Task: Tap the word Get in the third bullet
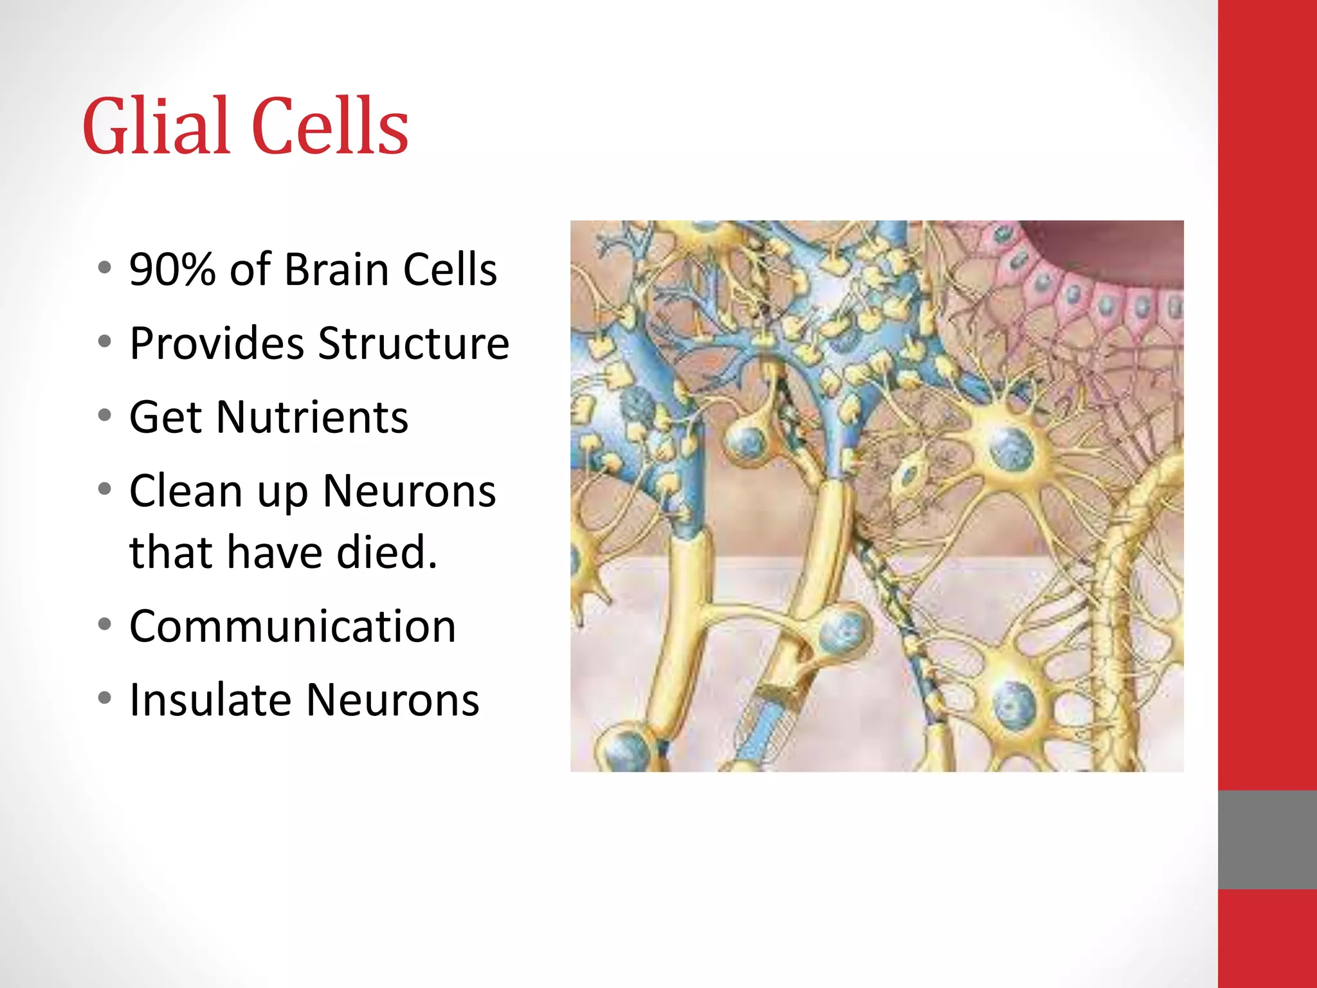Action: click(165, 417)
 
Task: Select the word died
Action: click(387, 552)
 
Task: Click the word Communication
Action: click(293, 626)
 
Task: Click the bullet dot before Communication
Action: click(105, 624)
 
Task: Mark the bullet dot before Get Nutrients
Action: click(105, 416)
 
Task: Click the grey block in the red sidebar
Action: click(1267, 839)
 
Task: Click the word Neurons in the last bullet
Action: click(392, 700)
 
